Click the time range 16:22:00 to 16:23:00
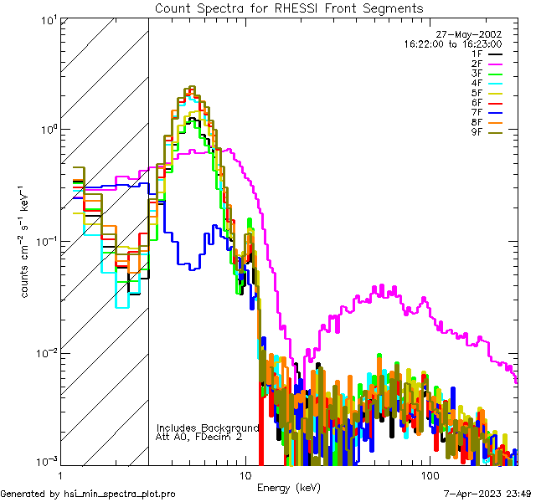[452, 44]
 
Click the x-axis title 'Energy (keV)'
[288, 487]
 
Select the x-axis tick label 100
[429, 474]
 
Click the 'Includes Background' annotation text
[208, 428]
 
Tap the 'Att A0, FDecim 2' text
[198, 437]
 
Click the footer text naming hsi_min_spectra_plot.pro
[88, 494]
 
